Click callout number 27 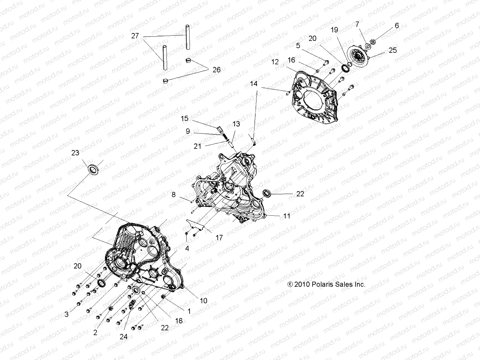coord(135,36)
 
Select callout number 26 coord(225,70)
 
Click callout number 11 coord(287,216)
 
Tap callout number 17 coord(219,238)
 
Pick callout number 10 coord(203,301)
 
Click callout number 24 coord(124,337)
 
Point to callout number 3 coord(67,314)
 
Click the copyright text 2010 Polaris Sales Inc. coord(326,284)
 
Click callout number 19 coord(334,30)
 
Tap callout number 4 coord(187,248)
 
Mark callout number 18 coord(179,321)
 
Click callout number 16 coord(291,60)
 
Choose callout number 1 coord(189,311)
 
